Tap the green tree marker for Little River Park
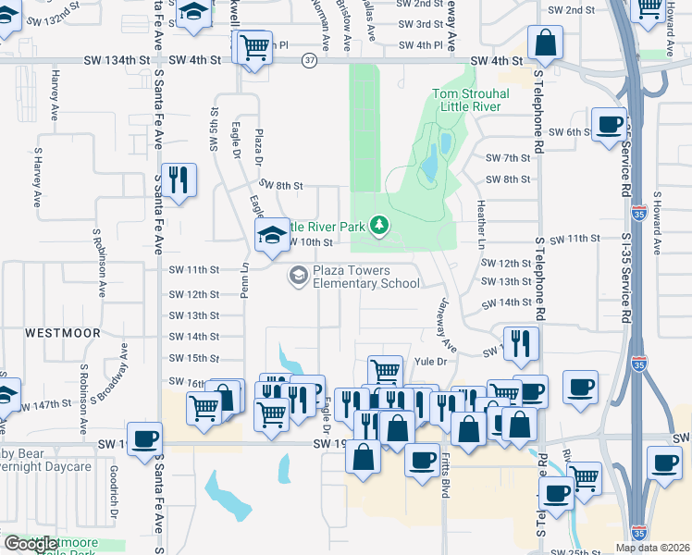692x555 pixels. point(377,225)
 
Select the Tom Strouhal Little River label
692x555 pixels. point(466,100)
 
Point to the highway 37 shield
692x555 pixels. point(309,61)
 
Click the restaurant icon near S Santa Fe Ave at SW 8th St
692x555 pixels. point(177,179)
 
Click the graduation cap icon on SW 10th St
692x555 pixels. point(272,235)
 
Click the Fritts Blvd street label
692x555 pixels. point(446,476)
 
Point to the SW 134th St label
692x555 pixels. point(116,60)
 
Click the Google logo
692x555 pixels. point(30,544)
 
